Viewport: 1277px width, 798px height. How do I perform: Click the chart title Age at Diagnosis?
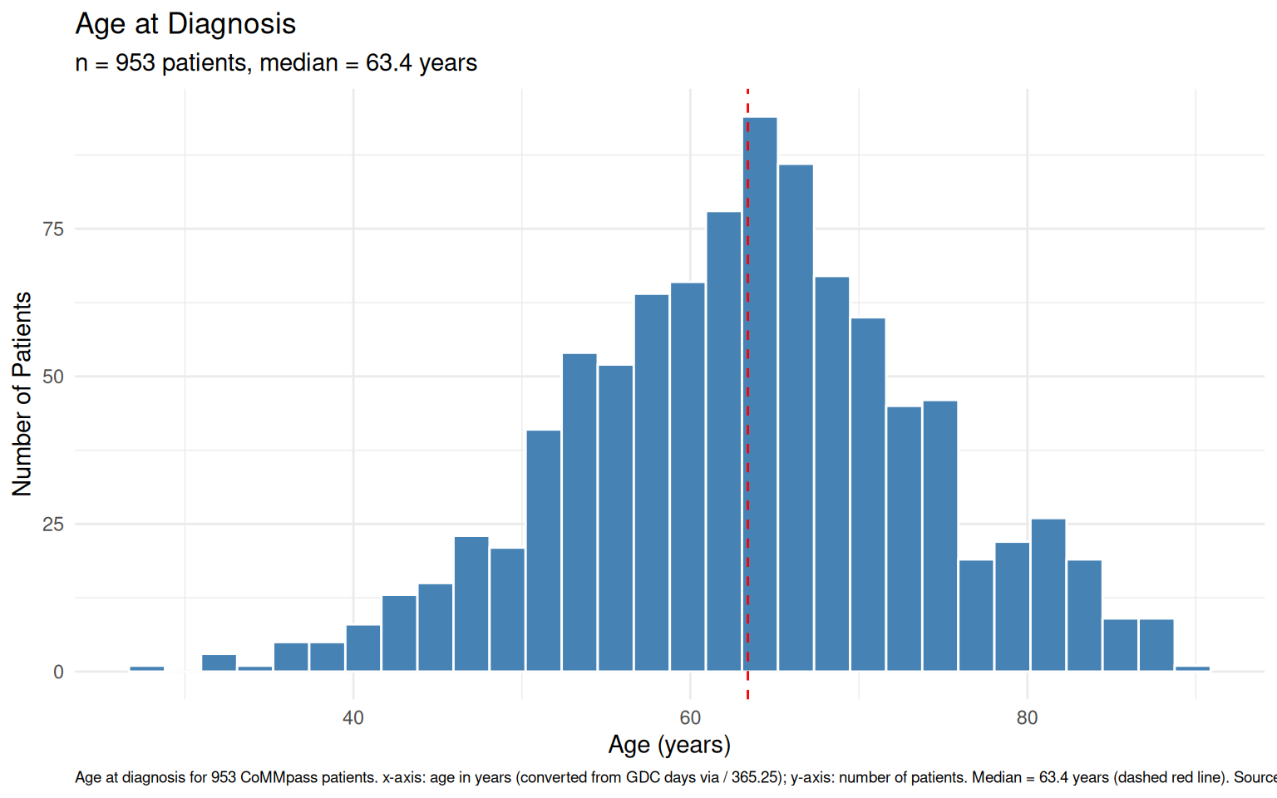185,24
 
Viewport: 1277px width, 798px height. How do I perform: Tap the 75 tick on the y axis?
53,229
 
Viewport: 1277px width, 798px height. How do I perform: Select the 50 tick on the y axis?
53,377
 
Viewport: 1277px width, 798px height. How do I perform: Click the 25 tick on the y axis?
53,525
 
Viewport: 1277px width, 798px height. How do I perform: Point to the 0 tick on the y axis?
58,672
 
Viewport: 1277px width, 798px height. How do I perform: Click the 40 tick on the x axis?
353,718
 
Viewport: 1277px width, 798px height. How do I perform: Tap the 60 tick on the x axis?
690,718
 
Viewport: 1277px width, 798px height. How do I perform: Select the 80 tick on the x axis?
1027,718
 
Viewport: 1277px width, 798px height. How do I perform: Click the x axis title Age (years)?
669,745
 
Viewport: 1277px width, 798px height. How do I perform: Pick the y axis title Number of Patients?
22,394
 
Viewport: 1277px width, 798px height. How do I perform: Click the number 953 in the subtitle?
136,63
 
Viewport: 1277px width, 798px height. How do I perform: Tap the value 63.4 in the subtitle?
388,63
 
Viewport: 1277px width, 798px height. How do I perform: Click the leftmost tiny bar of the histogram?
147,668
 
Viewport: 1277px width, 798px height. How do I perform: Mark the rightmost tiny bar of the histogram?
1192,668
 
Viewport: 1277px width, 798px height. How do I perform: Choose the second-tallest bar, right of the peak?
796,416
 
